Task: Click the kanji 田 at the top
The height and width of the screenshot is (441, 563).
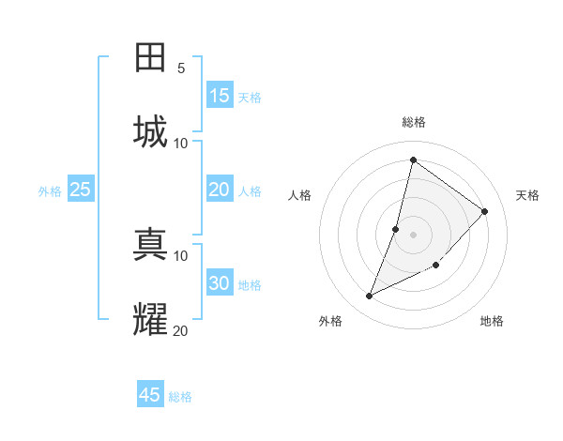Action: (151, 58)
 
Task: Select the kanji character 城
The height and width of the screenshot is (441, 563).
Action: (151, 130)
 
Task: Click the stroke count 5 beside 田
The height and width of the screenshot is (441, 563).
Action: (181, 68)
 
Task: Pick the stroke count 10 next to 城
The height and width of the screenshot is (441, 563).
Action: (181, 143)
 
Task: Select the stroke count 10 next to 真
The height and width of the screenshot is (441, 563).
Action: (181, 255)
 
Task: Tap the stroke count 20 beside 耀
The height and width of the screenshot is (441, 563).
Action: (181, 330)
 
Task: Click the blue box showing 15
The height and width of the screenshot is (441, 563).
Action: (220, 96)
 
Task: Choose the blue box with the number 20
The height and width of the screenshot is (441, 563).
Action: (220, 190)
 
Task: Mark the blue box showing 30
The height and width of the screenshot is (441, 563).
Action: (220, 283)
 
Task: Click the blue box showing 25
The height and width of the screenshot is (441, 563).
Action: (81, 190)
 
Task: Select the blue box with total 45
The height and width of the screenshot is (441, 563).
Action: (150, 395)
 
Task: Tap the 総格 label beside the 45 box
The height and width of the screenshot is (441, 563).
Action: (180, 397)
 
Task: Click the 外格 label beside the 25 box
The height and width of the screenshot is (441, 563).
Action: (50, 191)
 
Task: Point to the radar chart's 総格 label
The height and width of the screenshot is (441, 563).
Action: (414, 122)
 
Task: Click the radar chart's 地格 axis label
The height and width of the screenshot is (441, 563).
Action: (492, 321)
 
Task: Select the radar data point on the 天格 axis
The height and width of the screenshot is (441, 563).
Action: (485, 211)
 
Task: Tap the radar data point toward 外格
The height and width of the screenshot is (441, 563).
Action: (370, 297)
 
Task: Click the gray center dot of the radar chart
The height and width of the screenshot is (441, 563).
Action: (414, 234)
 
